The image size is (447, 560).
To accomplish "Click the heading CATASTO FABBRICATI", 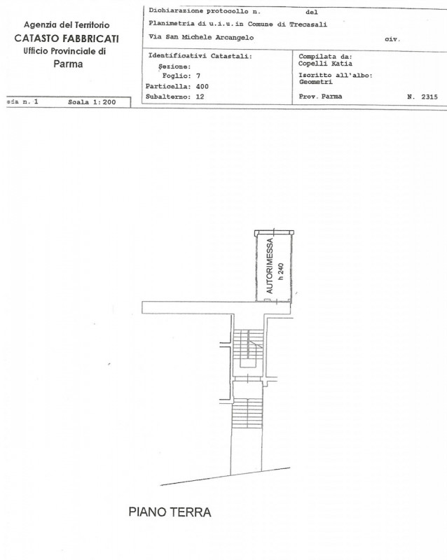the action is tap(67, 38).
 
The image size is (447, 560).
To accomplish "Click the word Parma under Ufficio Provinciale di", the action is tap(68, 64).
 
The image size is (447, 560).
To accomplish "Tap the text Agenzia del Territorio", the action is tap(67, 25).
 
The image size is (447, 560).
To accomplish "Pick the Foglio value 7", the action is tap(198, 75).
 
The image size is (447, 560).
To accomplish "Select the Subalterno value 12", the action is tap(200, 96).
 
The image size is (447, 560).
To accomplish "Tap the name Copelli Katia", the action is tap(321, 63).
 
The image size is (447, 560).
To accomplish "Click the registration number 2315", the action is tap(429, 97).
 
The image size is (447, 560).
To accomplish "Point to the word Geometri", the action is tap(315, 82).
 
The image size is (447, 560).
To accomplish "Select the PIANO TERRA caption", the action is tap(170, 512).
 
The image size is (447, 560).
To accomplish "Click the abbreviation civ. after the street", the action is tap(392, 39).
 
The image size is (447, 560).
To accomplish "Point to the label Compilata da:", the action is tap(325, 55).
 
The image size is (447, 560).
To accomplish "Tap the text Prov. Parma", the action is tap(320, 97).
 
